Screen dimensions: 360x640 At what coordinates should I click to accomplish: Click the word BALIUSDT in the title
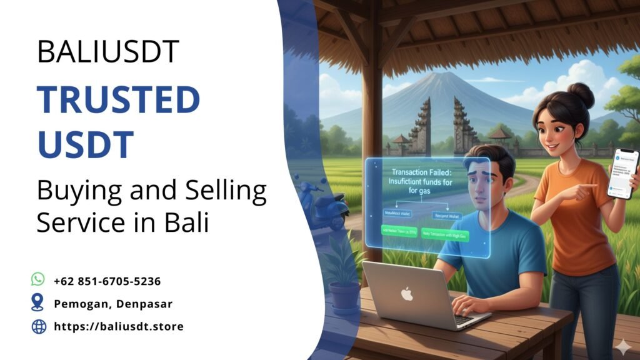click(108, 51)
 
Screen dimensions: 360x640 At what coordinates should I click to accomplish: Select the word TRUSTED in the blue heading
click(118, 99)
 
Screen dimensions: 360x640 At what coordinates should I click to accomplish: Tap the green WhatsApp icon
click(39, 279)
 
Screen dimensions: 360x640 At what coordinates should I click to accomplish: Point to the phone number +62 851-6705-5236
click(107, 281)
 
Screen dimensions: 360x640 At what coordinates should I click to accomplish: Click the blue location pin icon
click(38, 303)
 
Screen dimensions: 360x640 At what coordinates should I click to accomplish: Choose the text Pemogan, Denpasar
click(113, 304)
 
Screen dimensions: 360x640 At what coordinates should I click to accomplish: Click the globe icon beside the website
click(39, 326)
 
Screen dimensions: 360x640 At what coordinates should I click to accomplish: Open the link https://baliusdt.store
click(119, 326)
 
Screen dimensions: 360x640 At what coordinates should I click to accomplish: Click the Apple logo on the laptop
click(407, 293)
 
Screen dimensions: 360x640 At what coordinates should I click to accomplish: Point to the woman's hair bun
click(581, 94)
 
